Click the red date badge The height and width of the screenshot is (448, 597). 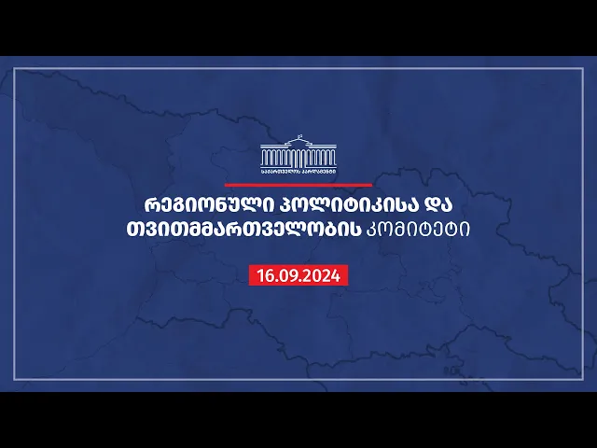(x=298, y=276)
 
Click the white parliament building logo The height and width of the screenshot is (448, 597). (x=298, y=154)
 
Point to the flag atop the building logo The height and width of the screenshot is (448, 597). (x=299, y=136)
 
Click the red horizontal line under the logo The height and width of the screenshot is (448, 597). (x=298, y=185)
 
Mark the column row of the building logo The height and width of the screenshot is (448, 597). (x=298, y=159)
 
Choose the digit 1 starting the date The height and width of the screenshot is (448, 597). (x=259, y=276)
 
